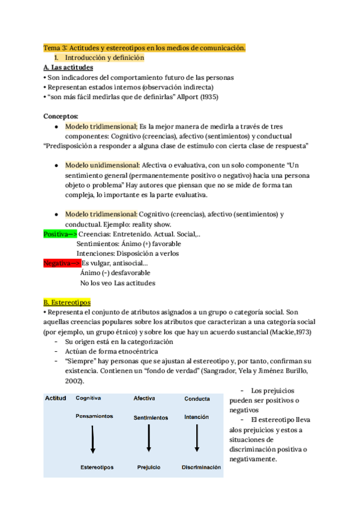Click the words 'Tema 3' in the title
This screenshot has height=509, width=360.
[55, 47]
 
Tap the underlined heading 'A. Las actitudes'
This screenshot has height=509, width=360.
[68, 68]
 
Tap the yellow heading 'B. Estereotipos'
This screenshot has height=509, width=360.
[67, 303]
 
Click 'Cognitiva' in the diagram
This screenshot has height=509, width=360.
[88, 398]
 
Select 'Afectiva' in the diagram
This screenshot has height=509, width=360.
[145, 398]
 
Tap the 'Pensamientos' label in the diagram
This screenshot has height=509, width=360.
[94, 416]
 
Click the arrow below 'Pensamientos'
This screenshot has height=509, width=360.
[93, 440]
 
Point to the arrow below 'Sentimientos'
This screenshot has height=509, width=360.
[148, 440]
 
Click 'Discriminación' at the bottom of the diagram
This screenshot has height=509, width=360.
[200, 466]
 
